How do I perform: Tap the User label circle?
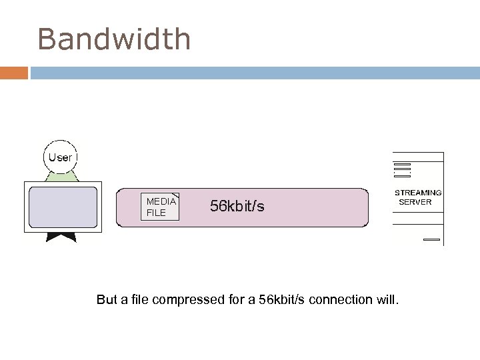(60, 158)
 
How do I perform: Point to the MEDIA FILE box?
(161, 207)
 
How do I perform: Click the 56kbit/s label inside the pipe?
(237, 207)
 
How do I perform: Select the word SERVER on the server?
(415, 202)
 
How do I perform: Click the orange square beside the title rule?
(13, 72)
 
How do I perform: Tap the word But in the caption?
(107, 300)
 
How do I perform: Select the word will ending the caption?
(388, 300)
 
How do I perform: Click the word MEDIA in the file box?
(161, 201)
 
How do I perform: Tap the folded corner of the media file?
(175, 196)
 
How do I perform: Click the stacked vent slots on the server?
(401, 169)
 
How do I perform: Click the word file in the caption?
(138, 300)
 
